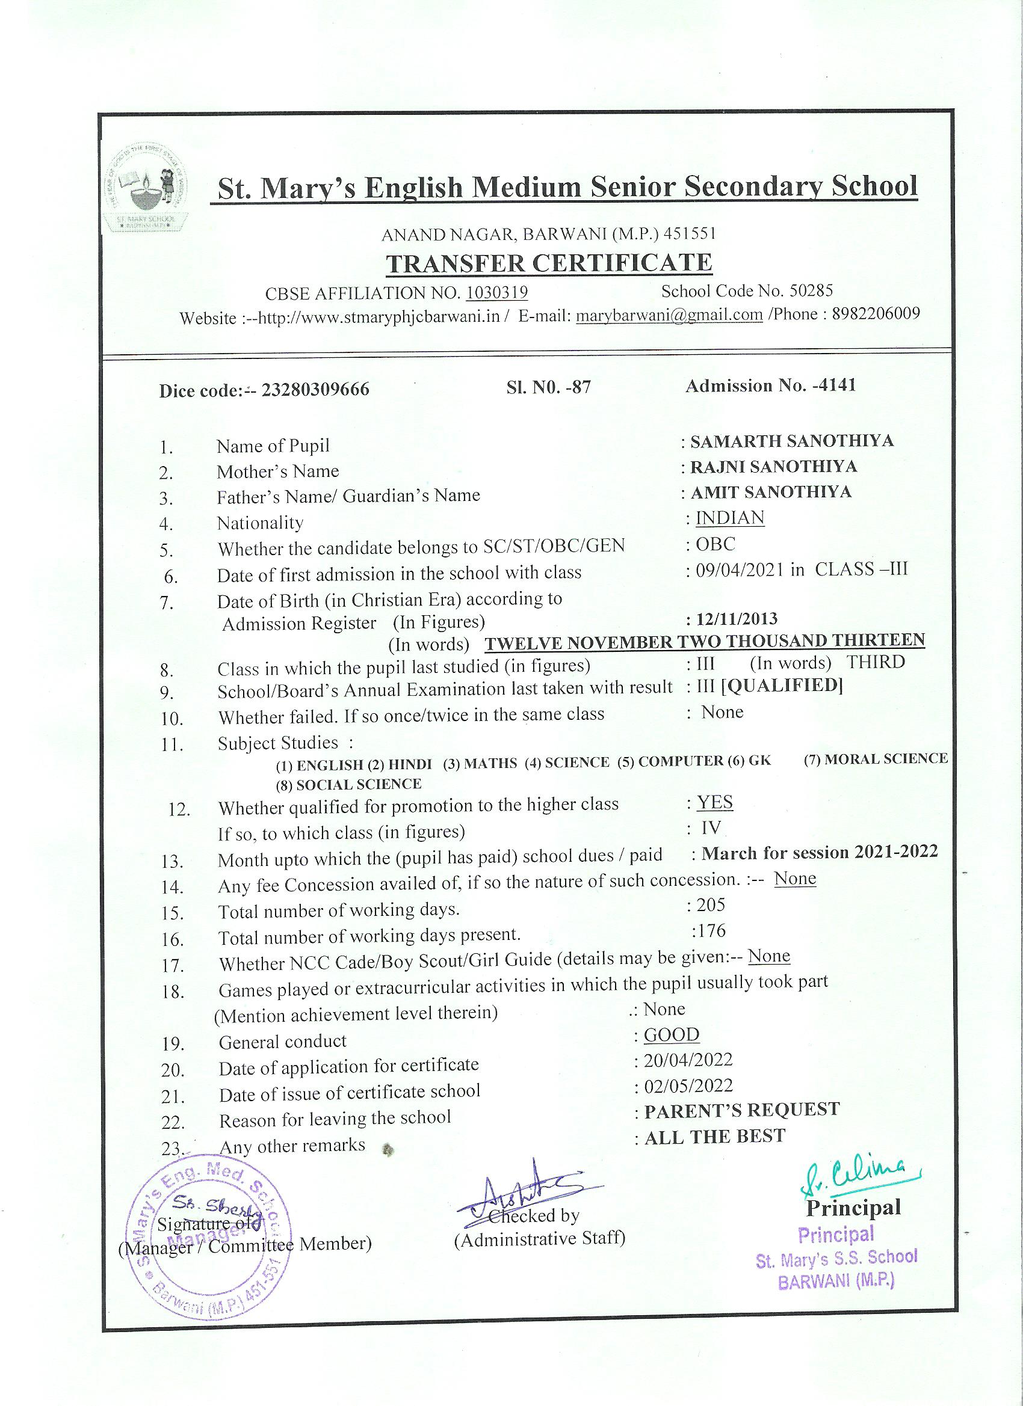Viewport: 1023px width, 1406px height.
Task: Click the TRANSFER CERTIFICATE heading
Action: click(x=549, y=263)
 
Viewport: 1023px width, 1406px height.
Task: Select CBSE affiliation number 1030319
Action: click(x=497, y=293)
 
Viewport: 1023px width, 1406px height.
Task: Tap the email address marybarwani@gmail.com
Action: click(x=669, y=315)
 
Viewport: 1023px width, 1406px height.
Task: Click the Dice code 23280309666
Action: click(x=316, y=389)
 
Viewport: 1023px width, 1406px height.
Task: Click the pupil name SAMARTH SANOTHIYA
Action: click(x=792, y=441)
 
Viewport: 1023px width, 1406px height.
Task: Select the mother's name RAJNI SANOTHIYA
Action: click(x=774, y=466)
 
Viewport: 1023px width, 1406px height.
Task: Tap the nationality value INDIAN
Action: click(x=730, y=518)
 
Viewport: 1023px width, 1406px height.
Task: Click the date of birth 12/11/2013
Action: click(x=737, y=619)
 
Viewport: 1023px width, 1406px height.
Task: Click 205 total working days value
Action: click(x=710, y=905)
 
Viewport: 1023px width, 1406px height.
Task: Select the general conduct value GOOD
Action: click(x=671, y=1035)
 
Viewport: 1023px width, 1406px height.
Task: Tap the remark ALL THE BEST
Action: click(x=715, y=1137)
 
